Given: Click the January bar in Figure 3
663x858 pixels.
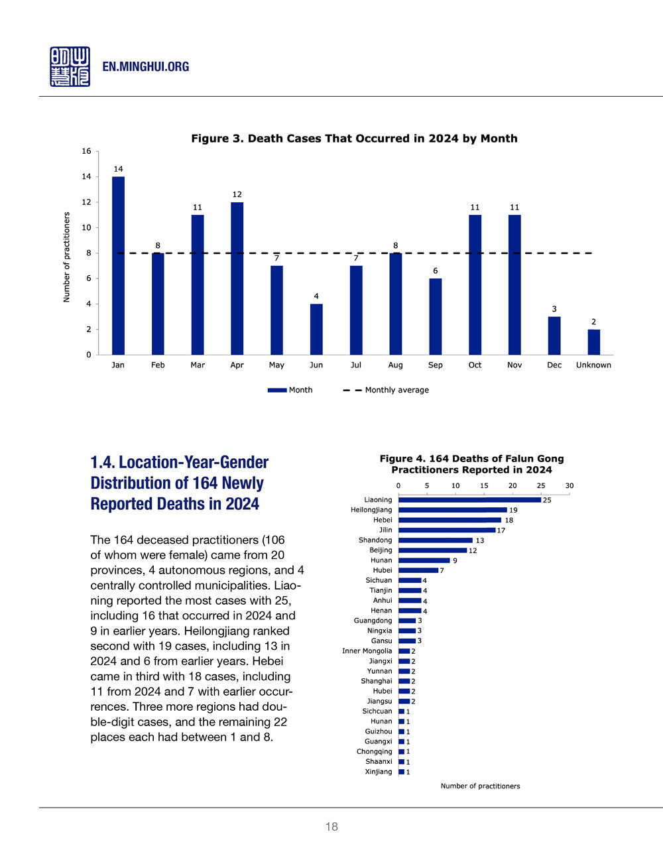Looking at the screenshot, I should click(x=118, y=265).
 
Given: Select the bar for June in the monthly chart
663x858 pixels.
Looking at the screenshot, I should click(x=316, y=329).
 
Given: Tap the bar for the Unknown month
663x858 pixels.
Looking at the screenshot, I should click(x=593, y=342).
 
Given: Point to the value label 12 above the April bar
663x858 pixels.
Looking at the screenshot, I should click(x=237, y=194).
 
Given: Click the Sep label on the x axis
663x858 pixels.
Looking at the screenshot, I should click(x=435, y=365).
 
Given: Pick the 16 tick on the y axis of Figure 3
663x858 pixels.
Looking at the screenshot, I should click(x=86, y=151).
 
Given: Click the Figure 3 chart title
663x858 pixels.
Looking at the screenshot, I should click(x=354, y=139).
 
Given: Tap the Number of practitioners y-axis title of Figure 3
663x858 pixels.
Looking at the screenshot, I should click(x=66, y=257).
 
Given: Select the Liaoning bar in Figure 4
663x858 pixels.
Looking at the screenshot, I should click(x=469, y=500).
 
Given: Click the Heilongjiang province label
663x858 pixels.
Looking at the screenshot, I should click(x=371, y=510).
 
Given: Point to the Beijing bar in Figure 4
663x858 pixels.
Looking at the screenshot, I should click(x=432, y=550).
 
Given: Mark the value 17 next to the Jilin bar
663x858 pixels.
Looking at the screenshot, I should click(x=501, y=530).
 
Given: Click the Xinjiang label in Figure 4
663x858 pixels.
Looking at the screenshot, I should click(x=379, y=772).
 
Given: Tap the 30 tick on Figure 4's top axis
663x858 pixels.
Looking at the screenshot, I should click(x=569, y=486).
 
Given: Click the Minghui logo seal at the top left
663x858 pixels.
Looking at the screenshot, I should click(x=70, y=66).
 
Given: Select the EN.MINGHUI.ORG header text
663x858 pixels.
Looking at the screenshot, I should click(x=146, y=67).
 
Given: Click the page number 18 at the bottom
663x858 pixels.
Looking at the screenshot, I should click(x=331, y=826).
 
